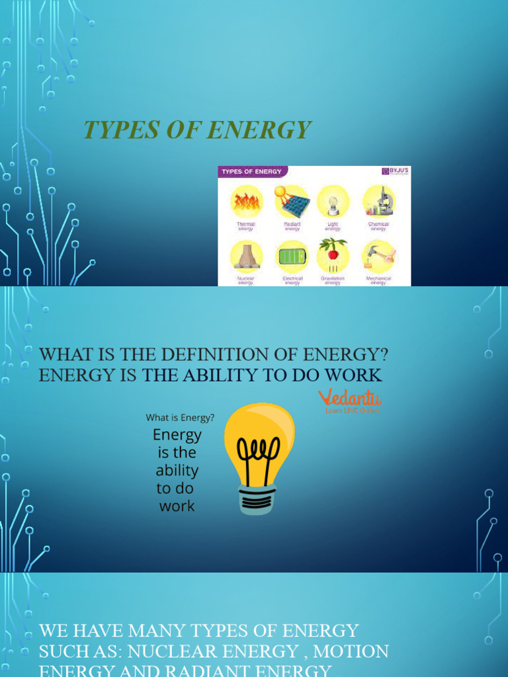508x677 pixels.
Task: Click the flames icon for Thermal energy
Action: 246,202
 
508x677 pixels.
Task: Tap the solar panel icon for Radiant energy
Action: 292,202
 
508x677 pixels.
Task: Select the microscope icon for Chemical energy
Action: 379,201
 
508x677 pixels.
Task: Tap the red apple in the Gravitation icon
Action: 333,254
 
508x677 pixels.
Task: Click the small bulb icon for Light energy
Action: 333,202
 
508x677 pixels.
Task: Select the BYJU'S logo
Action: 395,171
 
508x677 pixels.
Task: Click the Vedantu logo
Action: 350,399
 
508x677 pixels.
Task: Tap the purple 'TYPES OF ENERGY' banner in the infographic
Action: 251,172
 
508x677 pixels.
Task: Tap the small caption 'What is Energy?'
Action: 180,417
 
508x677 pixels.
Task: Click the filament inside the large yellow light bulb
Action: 259,458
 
